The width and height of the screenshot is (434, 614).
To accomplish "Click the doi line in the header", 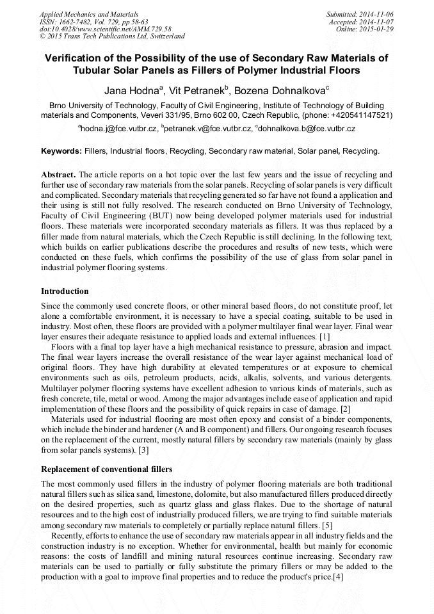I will coord(105,29).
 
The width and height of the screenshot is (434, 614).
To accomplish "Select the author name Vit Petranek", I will coord(197,89).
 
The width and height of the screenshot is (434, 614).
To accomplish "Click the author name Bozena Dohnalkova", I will coord(282,89).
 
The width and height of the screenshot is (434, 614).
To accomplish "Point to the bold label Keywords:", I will coord(61,152).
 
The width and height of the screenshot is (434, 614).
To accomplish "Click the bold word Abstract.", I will coord(58,175).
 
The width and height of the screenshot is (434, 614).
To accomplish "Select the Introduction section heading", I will coord(65,291).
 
